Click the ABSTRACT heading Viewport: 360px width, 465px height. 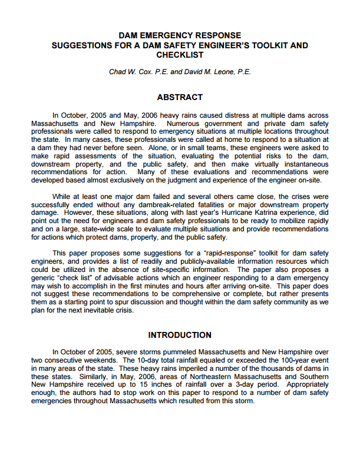click(x=180, y=97)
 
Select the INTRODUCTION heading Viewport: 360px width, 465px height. click(x=180, y=336)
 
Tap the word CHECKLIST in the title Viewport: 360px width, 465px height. click(x=180, y=55)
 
